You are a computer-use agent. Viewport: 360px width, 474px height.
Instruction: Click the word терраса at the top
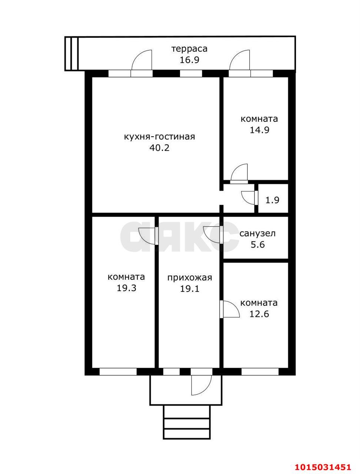click(x=189, y=49)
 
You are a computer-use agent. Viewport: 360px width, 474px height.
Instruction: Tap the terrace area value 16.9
click(x=189, y=60)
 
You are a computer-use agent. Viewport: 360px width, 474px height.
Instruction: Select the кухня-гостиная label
click(x=159, y=137)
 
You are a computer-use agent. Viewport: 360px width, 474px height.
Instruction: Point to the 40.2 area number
click(x=159, y=148)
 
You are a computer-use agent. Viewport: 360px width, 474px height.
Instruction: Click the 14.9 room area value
click(x=259, y=130)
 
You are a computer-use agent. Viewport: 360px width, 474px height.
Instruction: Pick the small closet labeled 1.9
click(x=272, y=200)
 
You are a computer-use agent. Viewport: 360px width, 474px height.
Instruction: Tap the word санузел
click(x=258, y=233)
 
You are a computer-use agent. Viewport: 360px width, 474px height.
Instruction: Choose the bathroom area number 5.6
click(x=258, y=245)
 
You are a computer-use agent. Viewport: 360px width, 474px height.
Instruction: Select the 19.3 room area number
click(x=126, y=288)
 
